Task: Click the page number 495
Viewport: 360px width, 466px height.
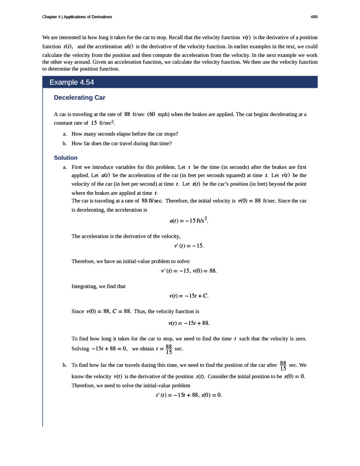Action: [314, 17]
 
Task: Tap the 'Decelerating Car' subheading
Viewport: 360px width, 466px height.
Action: [80, 98]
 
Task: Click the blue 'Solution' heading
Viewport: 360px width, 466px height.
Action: [66, 158]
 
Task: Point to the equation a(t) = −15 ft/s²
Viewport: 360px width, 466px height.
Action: [188, 220]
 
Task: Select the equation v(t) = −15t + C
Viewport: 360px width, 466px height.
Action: [188, 296]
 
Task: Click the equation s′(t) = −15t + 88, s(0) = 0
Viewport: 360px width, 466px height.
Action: [188, 395]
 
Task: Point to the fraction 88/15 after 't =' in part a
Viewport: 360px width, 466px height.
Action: [169, 349]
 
